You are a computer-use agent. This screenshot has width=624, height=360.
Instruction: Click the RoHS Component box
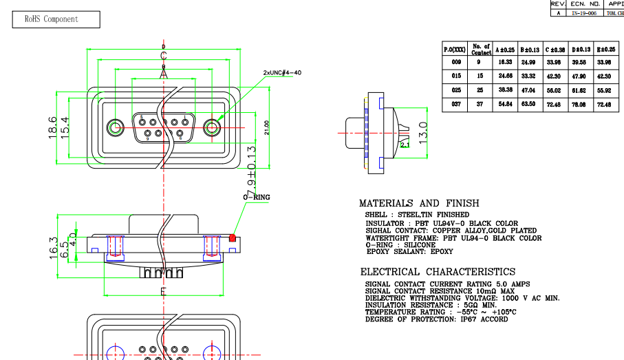point(52,19)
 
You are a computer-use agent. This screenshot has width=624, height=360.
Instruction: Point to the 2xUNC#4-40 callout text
point(282,72)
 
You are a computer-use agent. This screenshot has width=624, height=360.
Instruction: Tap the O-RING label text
point(257,198)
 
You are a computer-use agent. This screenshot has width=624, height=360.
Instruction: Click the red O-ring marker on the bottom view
point(233,238)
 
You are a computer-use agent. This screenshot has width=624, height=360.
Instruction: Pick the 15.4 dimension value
point(66,128)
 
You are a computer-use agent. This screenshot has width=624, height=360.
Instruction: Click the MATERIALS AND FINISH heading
point(419,204)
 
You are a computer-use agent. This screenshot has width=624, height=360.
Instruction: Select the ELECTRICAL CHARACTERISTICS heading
point(438,272)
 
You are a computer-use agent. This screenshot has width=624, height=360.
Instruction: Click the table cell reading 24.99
point(529,62)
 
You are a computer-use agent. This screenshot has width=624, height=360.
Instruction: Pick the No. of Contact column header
point(482,49)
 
